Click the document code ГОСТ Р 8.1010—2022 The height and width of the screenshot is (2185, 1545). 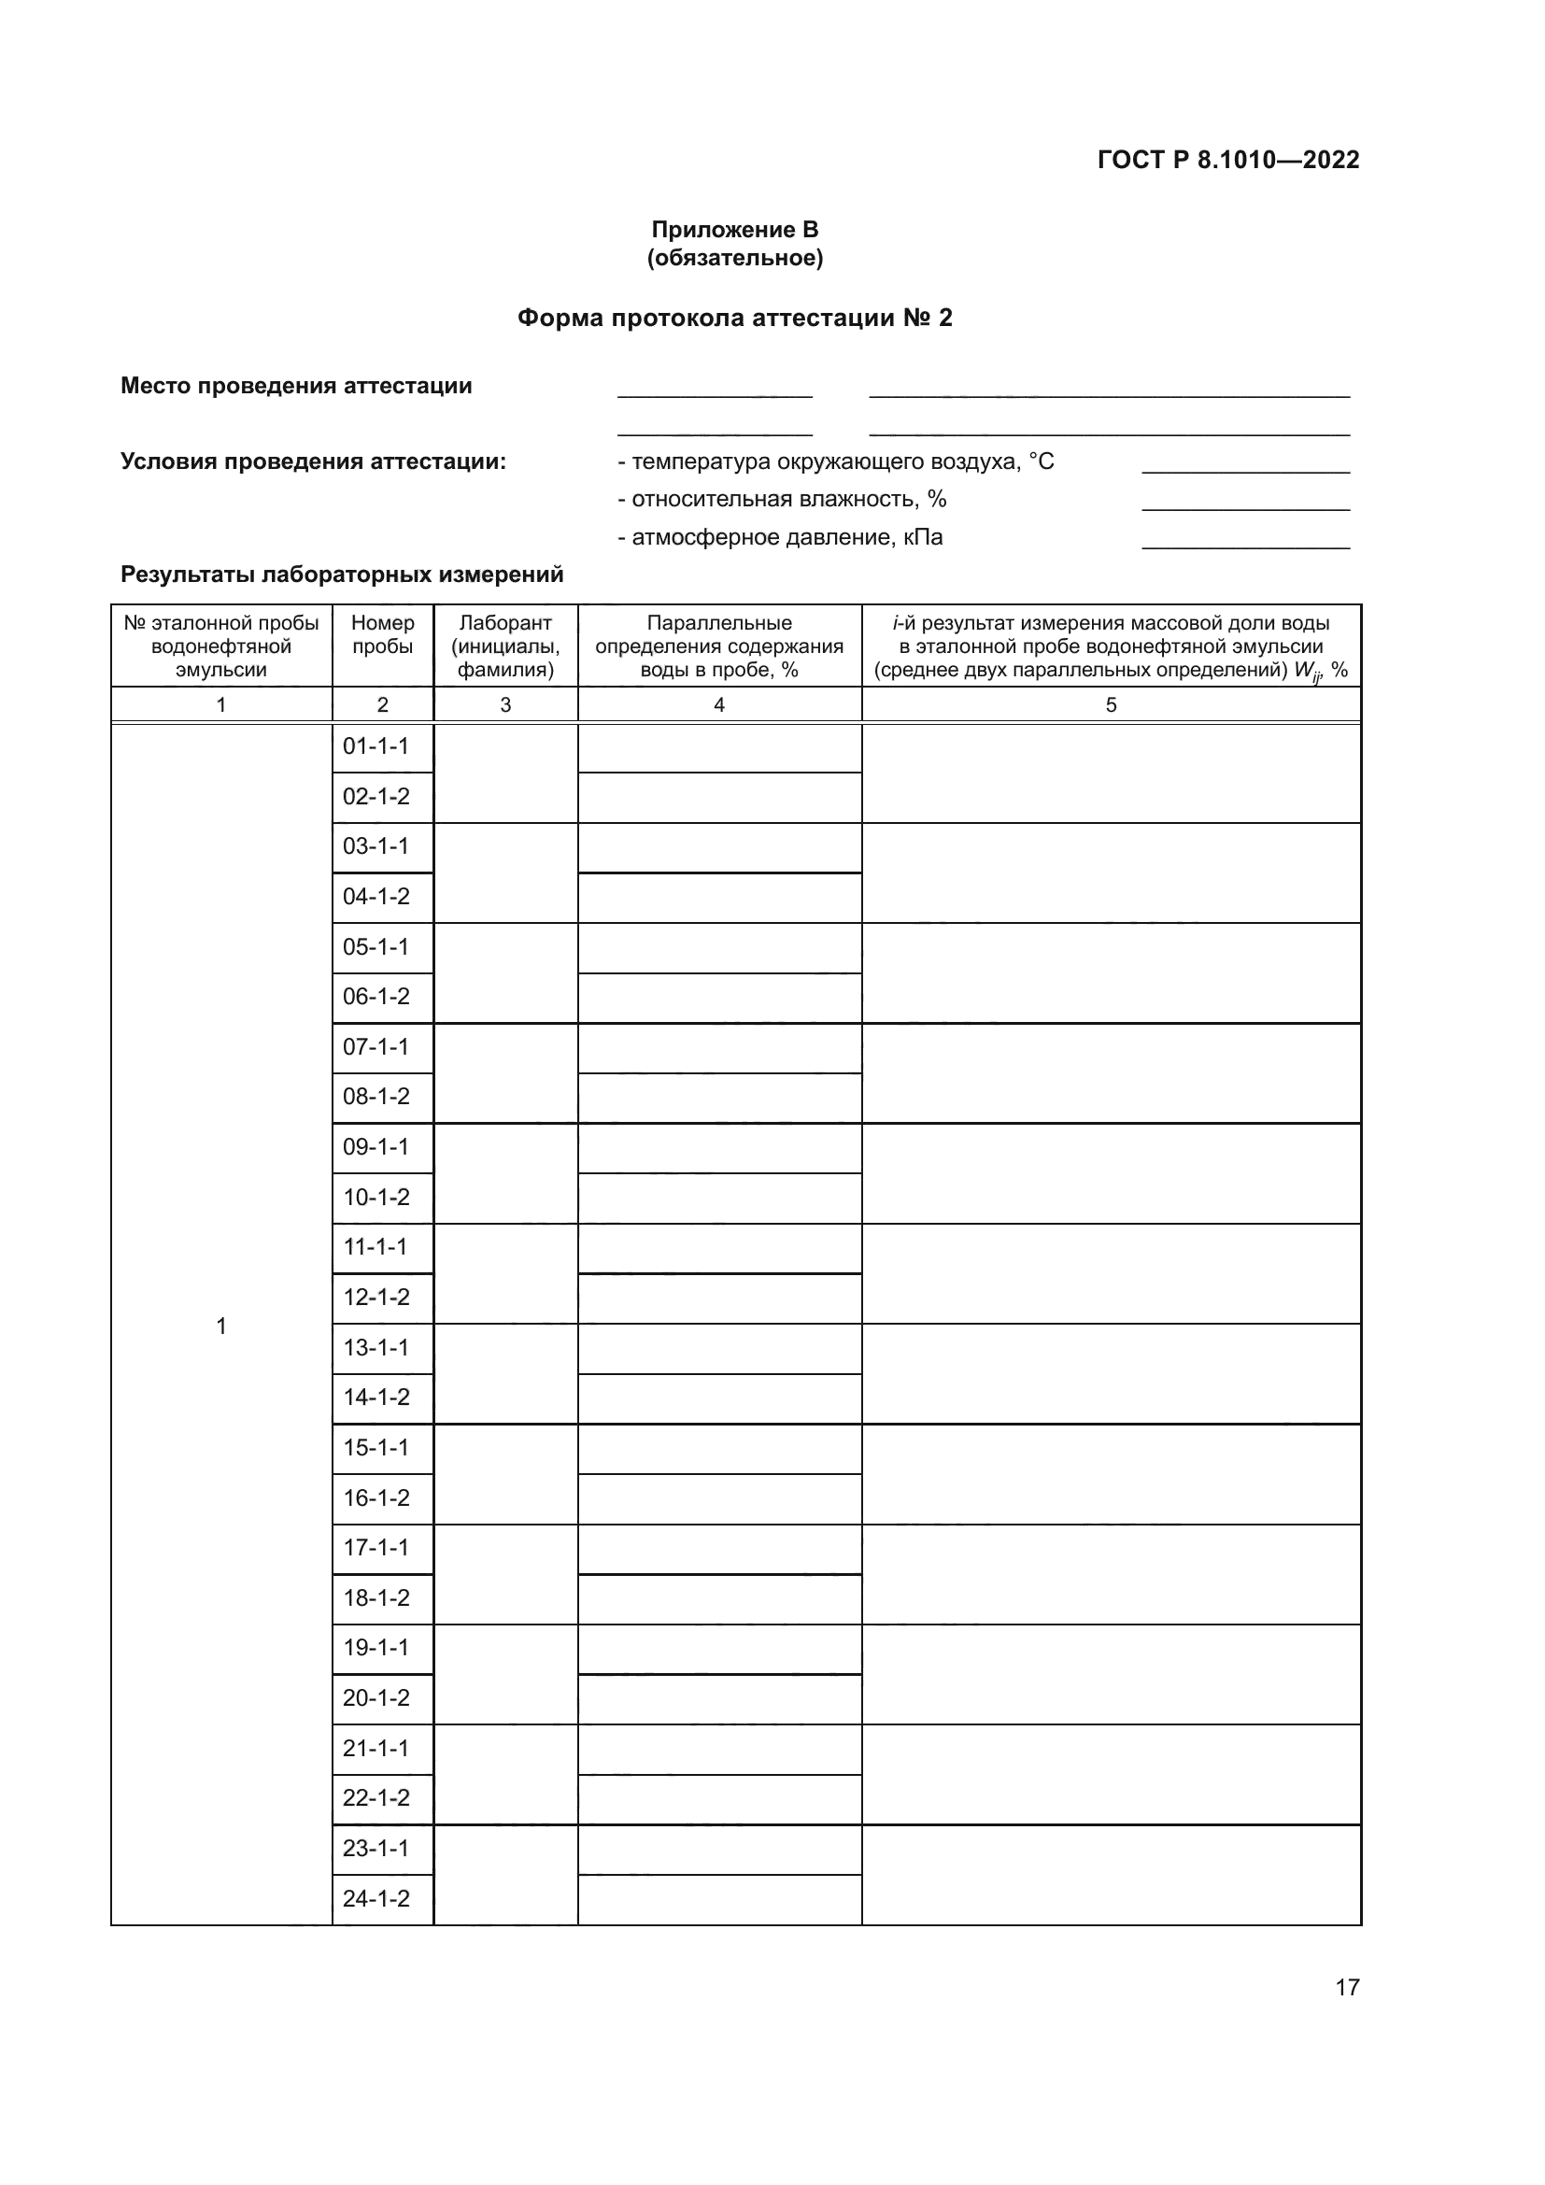click(1227, 160)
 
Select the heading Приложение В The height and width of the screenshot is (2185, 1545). click(734, 230)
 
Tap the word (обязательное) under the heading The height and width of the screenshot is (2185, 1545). click(734, 258)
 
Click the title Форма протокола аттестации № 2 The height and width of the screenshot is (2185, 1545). click(734, 318)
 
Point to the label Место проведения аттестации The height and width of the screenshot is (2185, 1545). click(296, 386)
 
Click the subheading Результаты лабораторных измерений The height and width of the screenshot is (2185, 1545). click(342, 575)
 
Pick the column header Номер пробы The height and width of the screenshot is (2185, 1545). click(382, 634)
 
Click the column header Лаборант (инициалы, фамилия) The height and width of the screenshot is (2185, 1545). click(505, 646)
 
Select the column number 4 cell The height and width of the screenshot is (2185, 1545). click(719, 705)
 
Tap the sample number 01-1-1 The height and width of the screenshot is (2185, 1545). click(376, 747)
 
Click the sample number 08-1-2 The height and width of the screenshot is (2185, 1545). click(376, 1098)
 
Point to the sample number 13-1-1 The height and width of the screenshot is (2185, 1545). click(376, 1349)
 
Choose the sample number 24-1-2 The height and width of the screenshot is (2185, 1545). click(376, 1899)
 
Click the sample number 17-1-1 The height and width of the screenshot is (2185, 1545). click(376, 1548)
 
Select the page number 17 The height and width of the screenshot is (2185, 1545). click(1347, 1987)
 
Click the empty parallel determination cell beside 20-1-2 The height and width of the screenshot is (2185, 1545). click(719, 1699)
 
